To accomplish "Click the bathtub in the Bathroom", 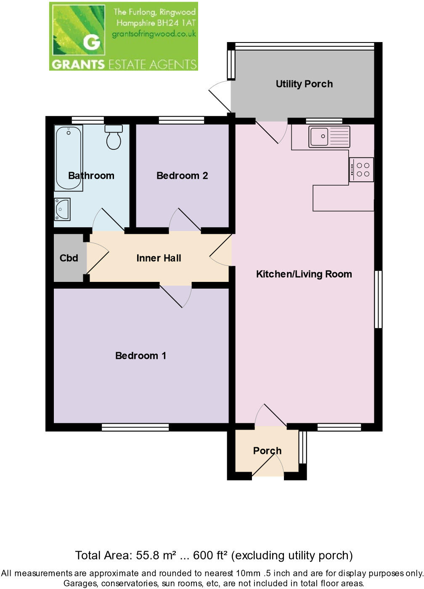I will point(68,158).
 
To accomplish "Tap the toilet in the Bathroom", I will point(114,137).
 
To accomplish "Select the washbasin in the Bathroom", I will point(62,209).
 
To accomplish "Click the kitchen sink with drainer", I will point(329,137).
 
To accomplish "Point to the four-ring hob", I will point(361,170).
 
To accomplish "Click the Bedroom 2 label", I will point(182,176).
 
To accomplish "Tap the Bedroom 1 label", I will point(140,356).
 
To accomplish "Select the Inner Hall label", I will point(159,258).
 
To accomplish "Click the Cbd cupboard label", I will point(69,258).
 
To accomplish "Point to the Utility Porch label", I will point(304,84).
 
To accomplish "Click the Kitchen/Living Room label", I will point(304,274).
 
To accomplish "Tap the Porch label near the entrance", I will point(267,451).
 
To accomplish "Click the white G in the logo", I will point(92,42).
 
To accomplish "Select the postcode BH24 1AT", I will point(177,23).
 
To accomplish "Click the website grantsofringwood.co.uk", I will point(154,34).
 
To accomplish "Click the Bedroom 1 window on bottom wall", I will point(135,427).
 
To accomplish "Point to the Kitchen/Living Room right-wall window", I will point(378,299).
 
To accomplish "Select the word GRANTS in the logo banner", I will point(78,64).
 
